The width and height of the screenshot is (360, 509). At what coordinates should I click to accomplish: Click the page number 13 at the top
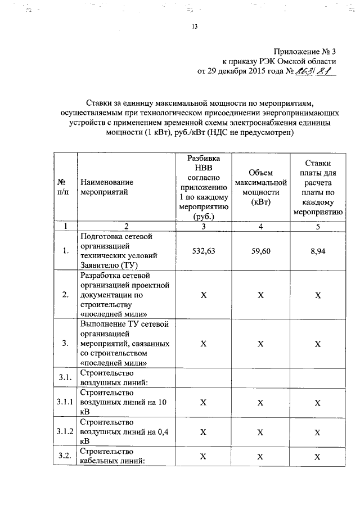pos(195,27)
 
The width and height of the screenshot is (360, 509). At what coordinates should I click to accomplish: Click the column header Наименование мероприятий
pos(107,187)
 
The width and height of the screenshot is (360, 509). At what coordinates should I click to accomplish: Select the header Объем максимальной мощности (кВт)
pos(260,187)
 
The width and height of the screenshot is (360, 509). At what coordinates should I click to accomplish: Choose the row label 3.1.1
pos(65,403)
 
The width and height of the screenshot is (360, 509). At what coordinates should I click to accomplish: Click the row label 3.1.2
pos(65,431)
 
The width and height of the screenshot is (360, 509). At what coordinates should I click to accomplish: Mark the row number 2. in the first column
pos(65,294)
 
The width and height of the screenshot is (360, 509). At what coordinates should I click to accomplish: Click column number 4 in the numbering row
pos(260,226)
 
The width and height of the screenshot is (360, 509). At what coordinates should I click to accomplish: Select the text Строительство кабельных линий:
pos(113,456)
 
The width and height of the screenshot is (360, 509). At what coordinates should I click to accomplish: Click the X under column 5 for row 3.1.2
pos(318,432)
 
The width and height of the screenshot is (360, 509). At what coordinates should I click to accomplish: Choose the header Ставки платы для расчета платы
pos(317,187)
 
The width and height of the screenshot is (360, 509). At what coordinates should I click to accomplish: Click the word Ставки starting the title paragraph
pos(100,103)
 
